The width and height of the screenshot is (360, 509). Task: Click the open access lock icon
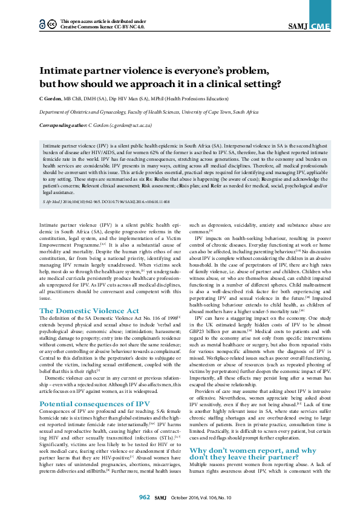click(42, 24)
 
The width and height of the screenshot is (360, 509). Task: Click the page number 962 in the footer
click(144, 498)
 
